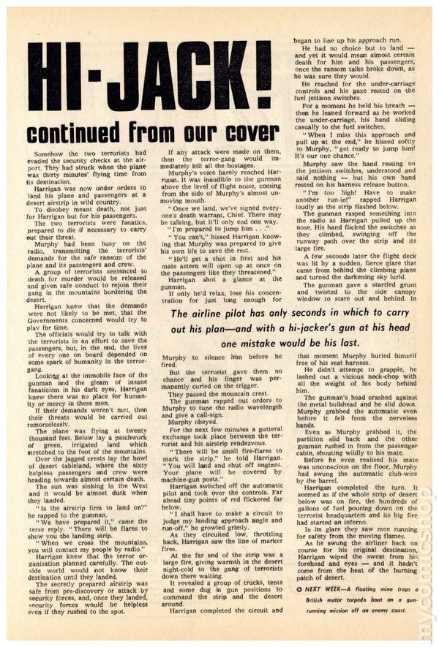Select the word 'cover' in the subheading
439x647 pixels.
click(249, 133)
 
